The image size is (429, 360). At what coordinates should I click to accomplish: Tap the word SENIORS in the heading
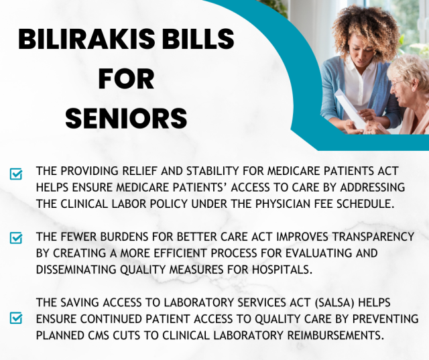point(127,118)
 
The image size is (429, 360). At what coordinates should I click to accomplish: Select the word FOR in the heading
point(126,79)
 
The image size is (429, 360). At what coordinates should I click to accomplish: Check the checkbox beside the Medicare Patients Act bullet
point(16,174)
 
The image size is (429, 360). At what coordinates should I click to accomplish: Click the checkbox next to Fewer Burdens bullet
point(16,238)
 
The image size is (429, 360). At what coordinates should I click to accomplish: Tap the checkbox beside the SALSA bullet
point(16,318)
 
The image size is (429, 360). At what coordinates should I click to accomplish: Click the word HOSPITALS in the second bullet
point(282,269)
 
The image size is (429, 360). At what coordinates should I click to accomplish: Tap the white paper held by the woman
point(348,107)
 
